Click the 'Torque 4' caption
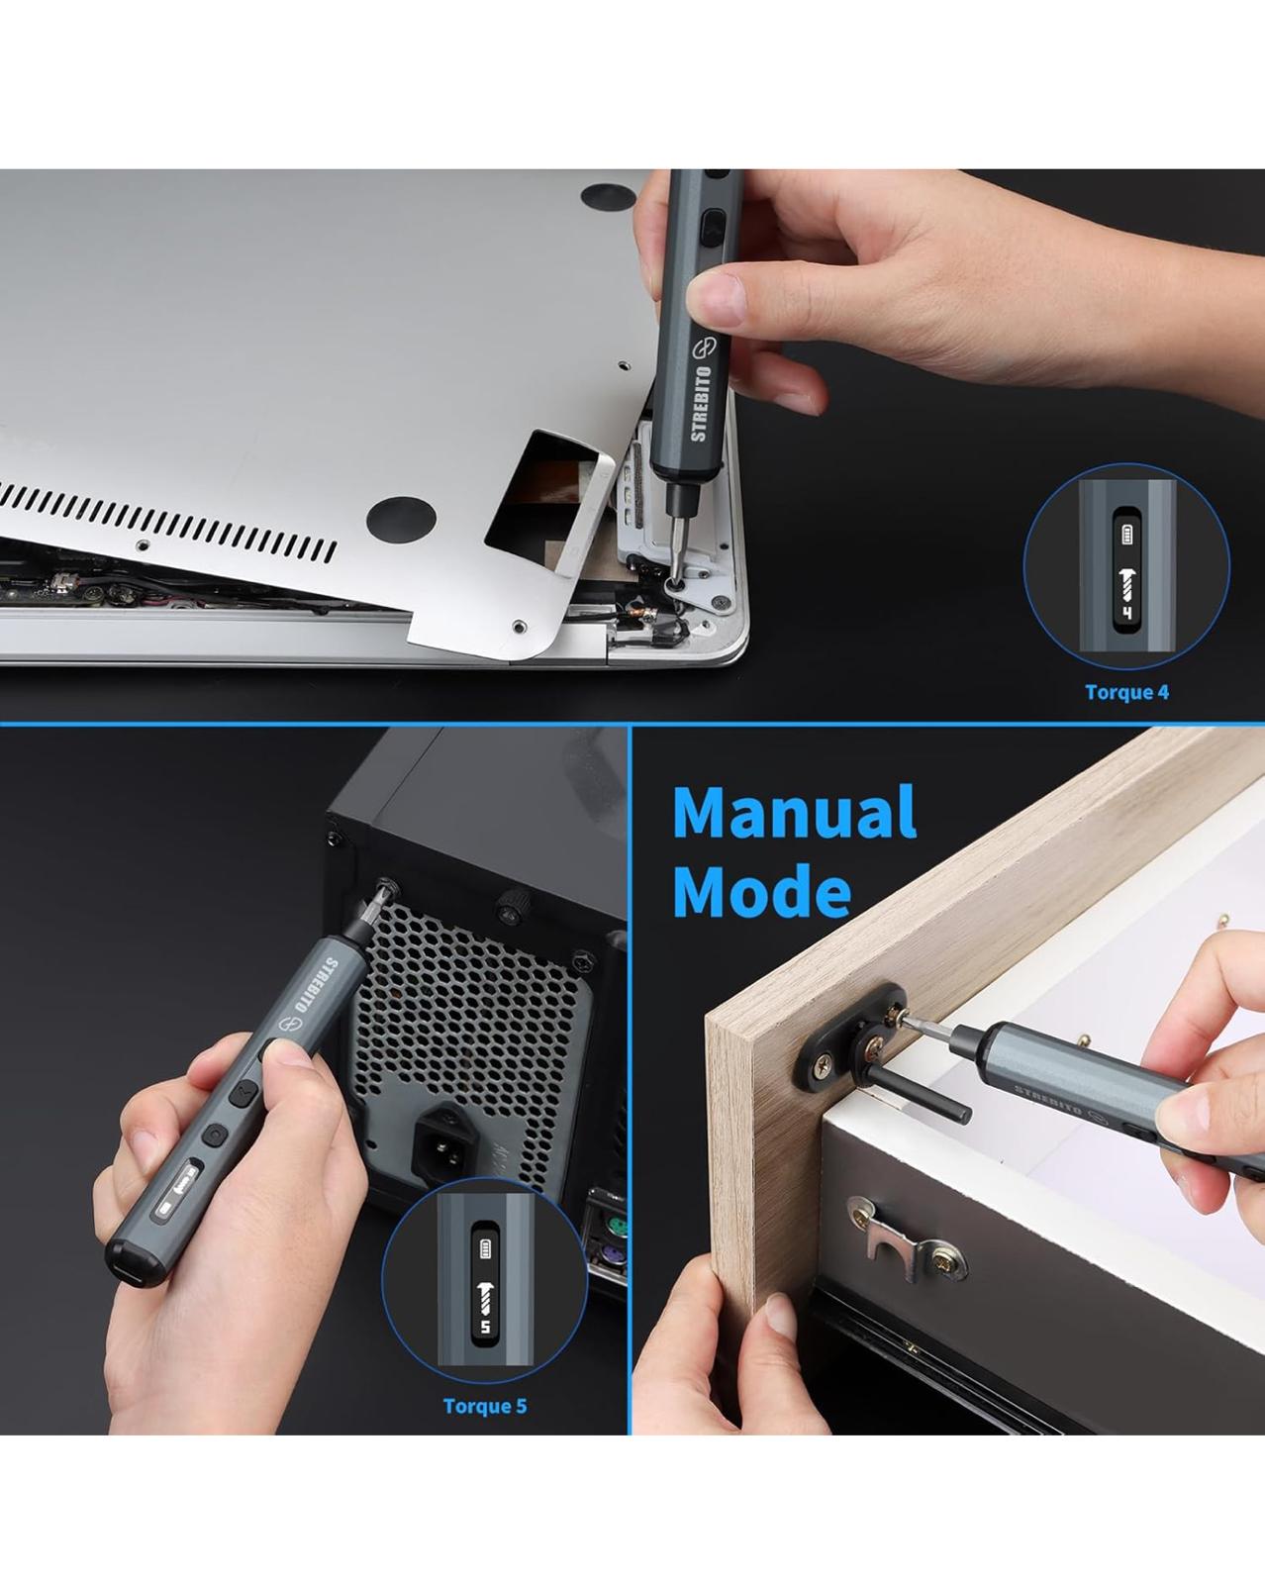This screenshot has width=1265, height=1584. tap(1126, 692)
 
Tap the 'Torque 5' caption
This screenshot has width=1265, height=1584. tap(485, 1406)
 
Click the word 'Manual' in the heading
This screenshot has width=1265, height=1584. tap(795, 812)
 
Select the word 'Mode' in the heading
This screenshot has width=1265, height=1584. tap(762, 891)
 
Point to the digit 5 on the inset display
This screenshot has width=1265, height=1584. tap(485, 1328)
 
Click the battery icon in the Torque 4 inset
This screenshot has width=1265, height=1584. tap(1126, 535)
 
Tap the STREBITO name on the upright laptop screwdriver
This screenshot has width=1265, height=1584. tap(701, 403)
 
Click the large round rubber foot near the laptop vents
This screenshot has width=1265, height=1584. tap(401, 521)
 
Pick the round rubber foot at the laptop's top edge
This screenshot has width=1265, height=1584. tap(608, 196)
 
